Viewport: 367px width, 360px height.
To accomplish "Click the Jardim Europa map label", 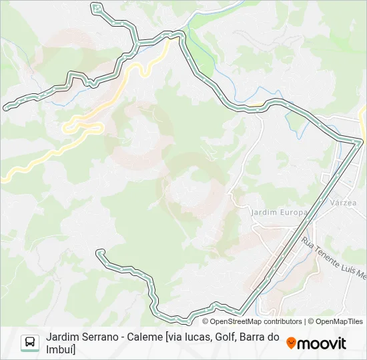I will point(278,212).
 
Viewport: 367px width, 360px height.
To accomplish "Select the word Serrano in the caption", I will point(99,337).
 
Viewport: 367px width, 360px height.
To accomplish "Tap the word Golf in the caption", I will point(226,337).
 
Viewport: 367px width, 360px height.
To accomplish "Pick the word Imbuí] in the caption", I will point(61,349).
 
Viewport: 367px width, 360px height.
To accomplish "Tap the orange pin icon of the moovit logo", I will point(292,343).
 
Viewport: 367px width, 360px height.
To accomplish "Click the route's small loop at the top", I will point(97,8).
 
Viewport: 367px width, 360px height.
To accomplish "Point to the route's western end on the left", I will point(6,107).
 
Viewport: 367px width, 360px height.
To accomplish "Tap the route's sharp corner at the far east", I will point(361,141).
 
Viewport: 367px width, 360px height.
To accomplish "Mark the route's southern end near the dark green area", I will point(100,252).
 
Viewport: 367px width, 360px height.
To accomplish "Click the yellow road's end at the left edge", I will point(2,179).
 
